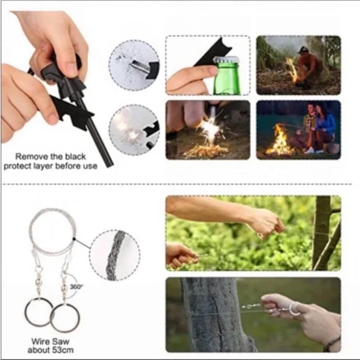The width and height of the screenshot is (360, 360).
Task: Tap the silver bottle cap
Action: click(225, 61)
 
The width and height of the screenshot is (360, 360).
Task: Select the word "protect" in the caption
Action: click(17, 166)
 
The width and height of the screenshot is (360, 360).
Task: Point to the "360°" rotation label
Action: click(76, 287)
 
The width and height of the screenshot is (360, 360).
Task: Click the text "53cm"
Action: click(63, 350)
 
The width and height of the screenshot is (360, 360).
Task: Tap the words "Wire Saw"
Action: click(50, 341)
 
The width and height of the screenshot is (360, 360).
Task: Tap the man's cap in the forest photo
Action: click(304, 50)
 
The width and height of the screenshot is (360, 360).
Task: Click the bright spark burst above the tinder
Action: click(209, 129)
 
